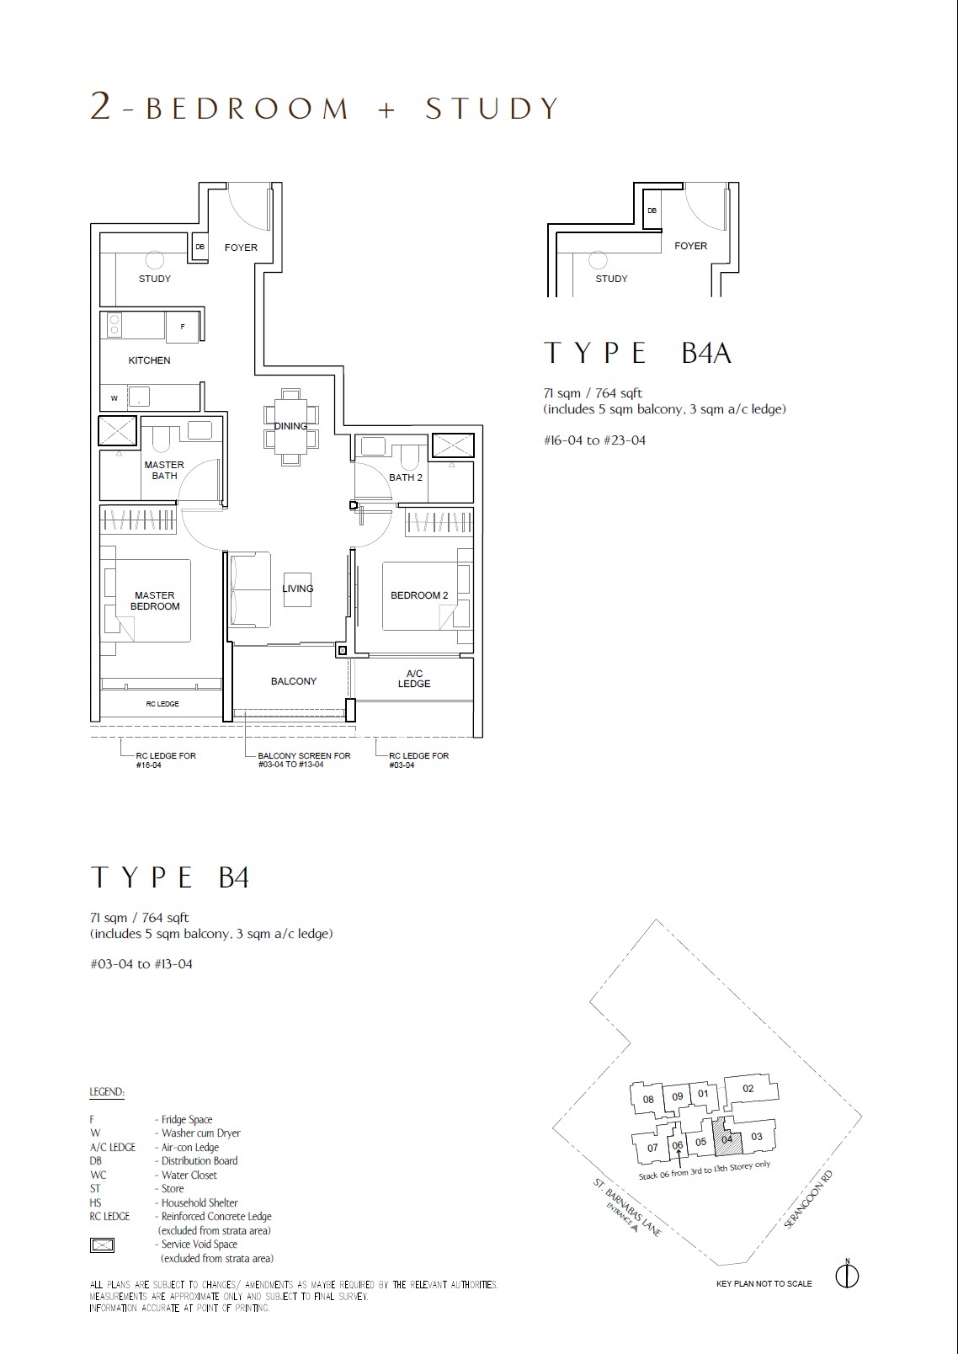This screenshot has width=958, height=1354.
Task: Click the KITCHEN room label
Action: [149, 360]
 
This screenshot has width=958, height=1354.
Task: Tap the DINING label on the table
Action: [290, 426]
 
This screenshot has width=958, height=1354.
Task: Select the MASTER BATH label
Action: [164, 470]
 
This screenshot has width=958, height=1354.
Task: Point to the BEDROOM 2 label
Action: [419, 595]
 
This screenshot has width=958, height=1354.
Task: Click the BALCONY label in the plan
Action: [294, 681]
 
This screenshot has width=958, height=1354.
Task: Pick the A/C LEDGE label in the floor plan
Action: [414, 679]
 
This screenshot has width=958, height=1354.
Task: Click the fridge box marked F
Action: [183, 328]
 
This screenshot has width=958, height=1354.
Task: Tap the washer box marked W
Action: [114, 398]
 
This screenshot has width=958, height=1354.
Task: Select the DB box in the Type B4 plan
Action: [200, 247]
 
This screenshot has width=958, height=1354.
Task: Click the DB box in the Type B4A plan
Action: [652, 211]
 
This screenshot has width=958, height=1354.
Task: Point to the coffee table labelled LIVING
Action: [297, 589]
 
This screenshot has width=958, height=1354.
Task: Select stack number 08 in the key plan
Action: [648, 1100]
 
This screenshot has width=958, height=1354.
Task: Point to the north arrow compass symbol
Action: [848, 1276]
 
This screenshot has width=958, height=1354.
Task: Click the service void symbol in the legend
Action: [102, 1245]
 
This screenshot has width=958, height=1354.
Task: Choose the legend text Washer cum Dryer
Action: [200, 1133]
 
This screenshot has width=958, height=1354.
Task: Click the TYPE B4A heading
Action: [637, 353]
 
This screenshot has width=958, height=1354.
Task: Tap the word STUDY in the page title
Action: [492, 108]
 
